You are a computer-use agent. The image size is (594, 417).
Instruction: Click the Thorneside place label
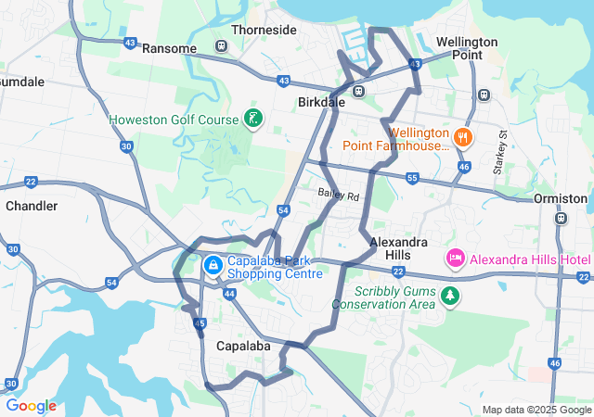coord(264,30)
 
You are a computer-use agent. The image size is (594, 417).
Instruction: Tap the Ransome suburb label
coord(170,48)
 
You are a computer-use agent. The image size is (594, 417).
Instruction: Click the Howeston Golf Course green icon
coord(252,119)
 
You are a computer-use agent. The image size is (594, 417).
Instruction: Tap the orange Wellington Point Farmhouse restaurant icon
coord(464,139)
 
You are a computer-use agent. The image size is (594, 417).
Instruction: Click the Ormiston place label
coord(561,198)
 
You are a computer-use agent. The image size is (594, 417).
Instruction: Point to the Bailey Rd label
coord(338,195)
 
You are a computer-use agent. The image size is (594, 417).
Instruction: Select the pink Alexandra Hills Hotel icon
coord(456,259)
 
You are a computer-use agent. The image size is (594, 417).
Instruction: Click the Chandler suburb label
coord(32,206)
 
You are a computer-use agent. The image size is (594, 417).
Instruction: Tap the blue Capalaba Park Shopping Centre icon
coord(213,266)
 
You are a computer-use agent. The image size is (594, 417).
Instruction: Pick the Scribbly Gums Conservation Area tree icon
coord(450,296)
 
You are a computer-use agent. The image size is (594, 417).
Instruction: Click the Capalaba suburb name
coord(242,346)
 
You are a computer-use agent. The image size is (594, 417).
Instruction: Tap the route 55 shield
coord(412,176)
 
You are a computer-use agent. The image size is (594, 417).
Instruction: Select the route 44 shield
coord(229,293)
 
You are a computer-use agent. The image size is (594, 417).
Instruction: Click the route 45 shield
coord(200,323)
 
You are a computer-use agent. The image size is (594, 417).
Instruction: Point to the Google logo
coord(31,406)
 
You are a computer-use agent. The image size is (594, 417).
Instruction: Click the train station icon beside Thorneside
coord(221,46)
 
